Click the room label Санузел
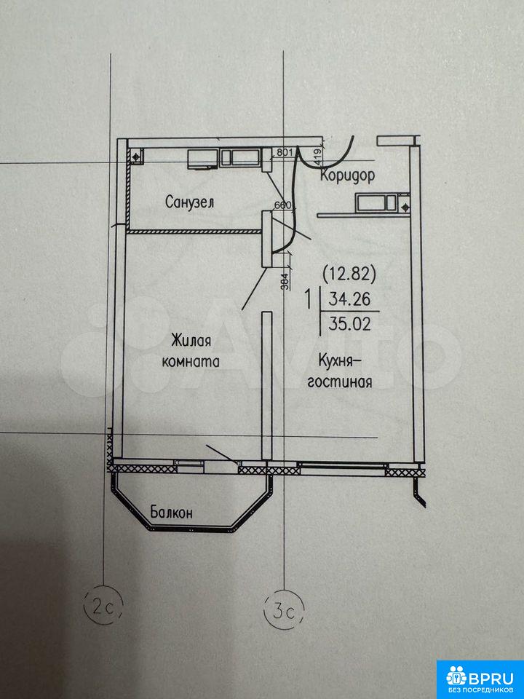pos(189,202)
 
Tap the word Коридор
pos(348,176)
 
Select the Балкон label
pos(172,512)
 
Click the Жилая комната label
pos(191,352)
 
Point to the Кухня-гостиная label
pos(340,371)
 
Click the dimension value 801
pos(284,152)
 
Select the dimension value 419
pos(318,158)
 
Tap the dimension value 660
pos(282,205)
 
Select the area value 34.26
pos(350,299)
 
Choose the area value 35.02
pos(350,323)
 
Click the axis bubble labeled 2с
pos(103,605)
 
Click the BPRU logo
pos(480,678)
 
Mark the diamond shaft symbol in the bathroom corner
pos(135,156)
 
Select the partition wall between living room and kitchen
pos(267,386)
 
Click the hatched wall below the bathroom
pos(194,232)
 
